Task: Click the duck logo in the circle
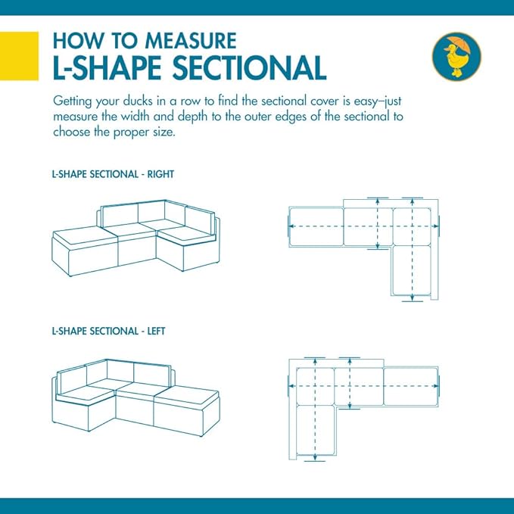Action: (x=456, y=56)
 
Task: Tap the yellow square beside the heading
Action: (x=19, y=56)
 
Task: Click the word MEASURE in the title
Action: (x=191, y=41)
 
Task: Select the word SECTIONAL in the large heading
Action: (x=249, y=68)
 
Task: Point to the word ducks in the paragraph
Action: (x=138, y=101)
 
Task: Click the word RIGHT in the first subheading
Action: (x=160, y=174)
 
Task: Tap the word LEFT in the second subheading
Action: (x=157, y=331)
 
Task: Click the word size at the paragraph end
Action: (x=164, y=132)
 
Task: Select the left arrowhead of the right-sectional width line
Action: (x=291, y=226)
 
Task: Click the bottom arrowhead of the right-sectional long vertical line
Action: (x=413, y=297)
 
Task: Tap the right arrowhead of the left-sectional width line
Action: (x=436, y=386)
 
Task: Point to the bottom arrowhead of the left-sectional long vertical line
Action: (x=315, y=457)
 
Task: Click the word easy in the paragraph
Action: (x=365, y=101)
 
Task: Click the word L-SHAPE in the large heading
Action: (x=107, y=68)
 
